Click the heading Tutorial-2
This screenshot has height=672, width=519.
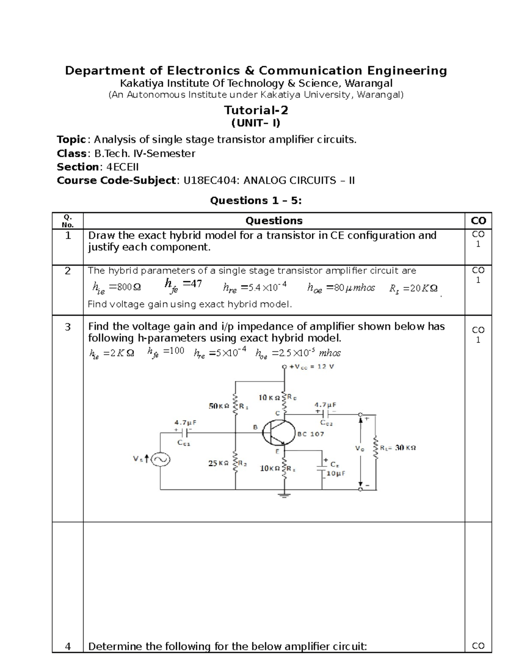256,110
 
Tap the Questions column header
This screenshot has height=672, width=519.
274,221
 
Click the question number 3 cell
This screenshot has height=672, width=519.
67,327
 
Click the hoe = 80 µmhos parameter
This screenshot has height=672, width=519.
341,288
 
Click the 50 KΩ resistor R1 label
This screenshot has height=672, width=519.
219,406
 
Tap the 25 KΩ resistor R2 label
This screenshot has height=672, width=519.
218,463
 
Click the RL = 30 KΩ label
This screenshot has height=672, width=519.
398,448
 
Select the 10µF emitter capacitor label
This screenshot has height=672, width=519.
336,473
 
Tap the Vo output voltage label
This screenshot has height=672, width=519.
359,449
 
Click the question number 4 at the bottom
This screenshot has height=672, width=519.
67,646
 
